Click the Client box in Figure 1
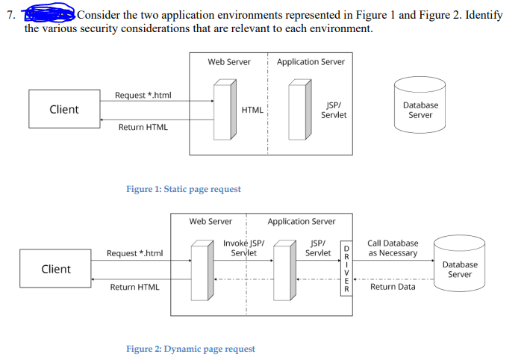[x=63, y=110]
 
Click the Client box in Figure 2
[x=56, y=270]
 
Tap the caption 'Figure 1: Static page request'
[x=184, y=189]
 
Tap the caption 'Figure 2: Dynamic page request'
[x=190, y=349]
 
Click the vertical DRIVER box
[x=345, y=269]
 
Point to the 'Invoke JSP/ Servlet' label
[x=243, y=248]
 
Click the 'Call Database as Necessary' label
[x=393, y=248]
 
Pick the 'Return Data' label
[x=393, y=287]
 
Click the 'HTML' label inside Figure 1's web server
[x=252, y=110]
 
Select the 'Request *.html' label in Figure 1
[x=143, y=95]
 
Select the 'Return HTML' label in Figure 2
[x=134, y=287]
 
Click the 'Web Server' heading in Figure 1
[x=229, y=62]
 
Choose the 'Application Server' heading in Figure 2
[x=302, y=221]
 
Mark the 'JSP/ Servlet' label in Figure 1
[x=334, y=110]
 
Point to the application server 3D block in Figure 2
[x=284, y=269]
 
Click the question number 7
[x=8, y=15]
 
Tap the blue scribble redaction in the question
[x=49, y=14]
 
